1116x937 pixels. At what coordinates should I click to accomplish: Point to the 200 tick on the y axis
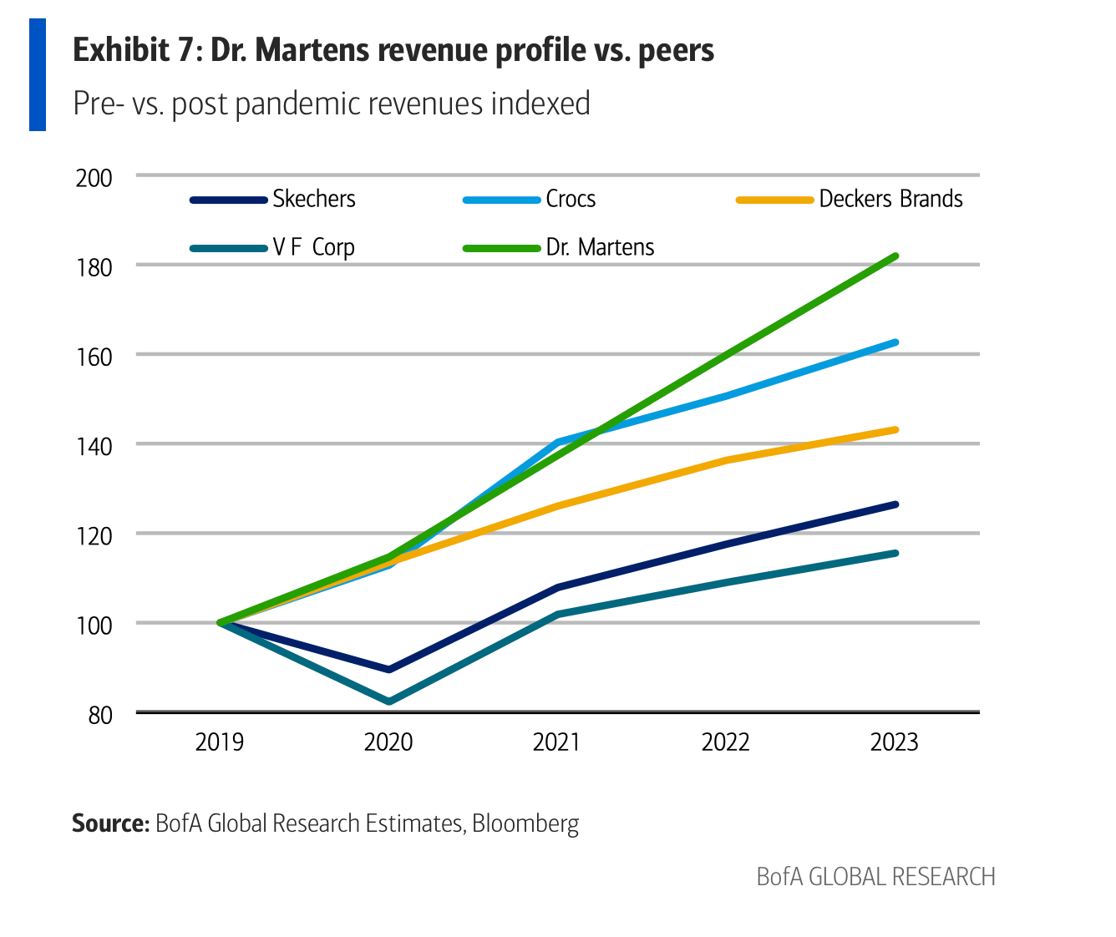point(94,178)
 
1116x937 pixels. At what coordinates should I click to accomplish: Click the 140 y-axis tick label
point(94,446)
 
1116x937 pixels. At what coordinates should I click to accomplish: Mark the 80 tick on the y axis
point(99,715)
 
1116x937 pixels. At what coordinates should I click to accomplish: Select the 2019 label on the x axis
point(219,742)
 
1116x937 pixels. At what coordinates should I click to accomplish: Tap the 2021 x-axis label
point(556,742)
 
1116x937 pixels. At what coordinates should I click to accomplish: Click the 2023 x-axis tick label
point(894,742)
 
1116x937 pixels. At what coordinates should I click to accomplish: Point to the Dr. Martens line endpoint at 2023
point(895,256)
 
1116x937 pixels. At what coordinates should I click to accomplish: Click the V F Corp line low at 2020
point(389,701)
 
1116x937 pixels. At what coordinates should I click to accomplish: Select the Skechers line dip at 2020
point(389,670)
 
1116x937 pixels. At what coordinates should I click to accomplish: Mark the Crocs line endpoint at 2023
point(895,342)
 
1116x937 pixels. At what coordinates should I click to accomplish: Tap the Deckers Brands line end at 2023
point(895,430)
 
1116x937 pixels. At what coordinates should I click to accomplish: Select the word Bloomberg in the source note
point(525,823)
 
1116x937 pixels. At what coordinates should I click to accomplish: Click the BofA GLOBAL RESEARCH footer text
point(875,877)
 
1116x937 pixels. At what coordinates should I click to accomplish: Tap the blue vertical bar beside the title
point(38,75)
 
